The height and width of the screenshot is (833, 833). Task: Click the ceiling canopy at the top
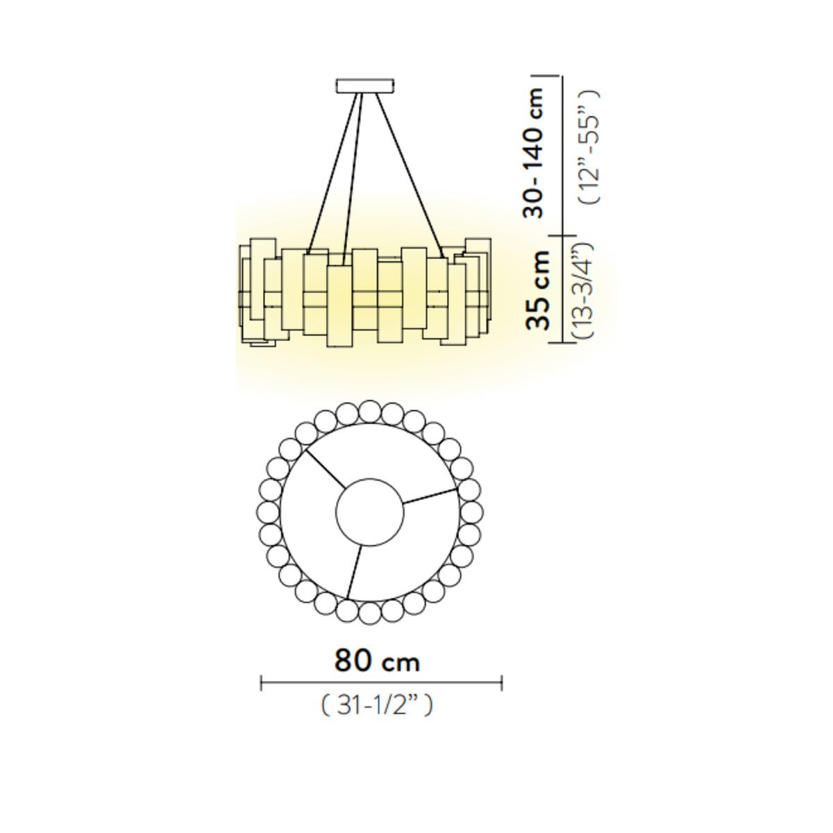pos(365,85)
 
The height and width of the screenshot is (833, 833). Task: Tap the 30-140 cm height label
pos(532,153)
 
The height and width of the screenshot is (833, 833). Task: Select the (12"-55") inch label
pos(589,147)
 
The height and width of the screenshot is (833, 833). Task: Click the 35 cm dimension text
pos(537,289)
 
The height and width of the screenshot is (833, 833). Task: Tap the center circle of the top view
pos(369,512)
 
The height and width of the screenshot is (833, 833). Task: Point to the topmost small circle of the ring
pos(369,411)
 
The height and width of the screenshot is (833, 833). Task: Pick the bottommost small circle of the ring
pos(369,613)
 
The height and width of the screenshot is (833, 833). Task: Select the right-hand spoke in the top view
pos(430,496)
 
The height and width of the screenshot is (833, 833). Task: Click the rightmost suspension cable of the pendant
pos(410,176)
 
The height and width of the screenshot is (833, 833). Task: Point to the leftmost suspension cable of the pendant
pos(333,174)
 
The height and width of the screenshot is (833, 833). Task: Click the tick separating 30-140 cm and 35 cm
pos(562,235)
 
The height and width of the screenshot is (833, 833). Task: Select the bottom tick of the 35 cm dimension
pos(562,343)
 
